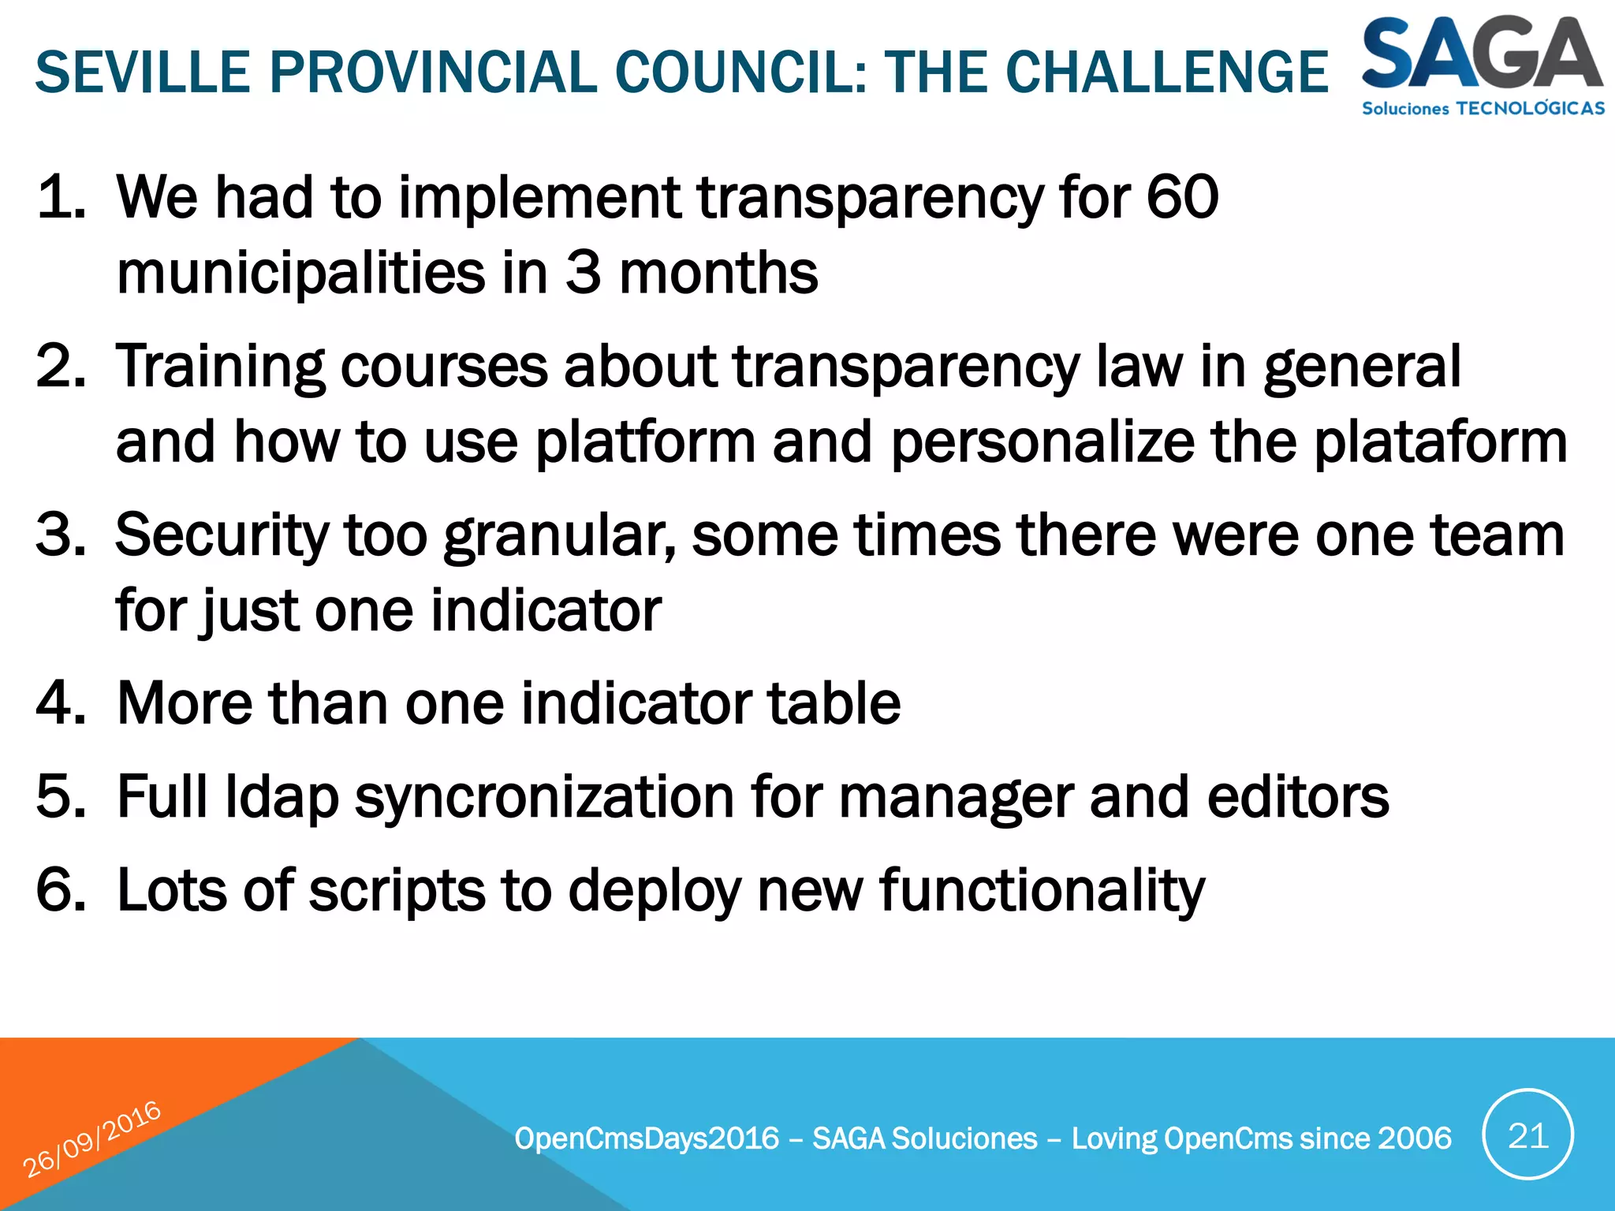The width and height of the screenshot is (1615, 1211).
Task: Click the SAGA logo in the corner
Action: click(x=1483, y=65)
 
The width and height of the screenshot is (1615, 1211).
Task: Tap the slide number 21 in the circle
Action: click(x=1527, y=1136)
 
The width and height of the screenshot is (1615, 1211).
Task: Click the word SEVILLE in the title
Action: click(x=143, y=73)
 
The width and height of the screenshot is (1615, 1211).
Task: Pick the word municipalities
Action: click(x=300, y=273)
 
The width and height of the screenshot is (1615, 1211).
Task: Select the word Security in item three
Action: click(x=222, y=535)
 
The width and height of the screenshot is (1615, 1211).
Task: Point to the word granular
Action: click(x=559, y=535)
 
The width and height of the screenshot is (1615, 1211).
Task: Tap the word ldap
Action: click(x=282, y=797)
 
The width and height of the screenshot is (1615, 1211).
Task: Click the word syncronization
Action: click(x=544, y=797)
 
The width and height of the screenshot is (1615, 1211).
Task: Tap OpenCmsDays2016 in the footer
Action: click(x=647, y=1138)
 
